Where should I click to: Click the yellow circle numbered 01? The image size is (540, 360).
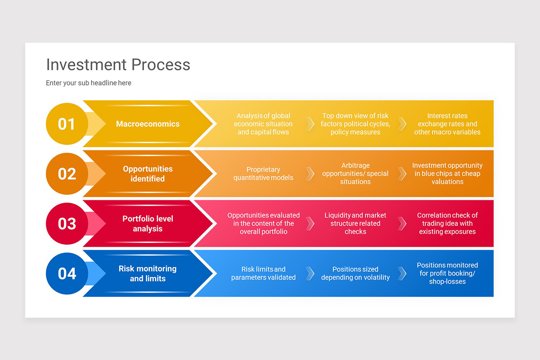(67, 124)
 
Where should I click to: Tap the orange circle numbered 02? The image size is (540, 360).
(67, 174)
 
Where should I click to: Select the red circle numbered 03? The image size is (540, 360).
(67, 224)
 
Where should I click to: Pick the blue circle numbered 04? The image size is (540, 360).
(67, 274)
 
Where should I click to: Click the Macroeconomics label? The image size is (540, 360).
(148, 124)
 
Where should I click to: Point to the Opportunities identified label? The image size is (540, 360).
(148, 174)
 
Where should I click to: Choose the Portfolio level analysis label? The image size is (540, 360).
(148, 224)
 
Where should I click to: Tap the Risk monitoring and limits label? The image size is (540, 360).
(148, 274)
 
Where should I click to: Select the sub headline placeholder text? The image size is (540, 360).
(89, 83)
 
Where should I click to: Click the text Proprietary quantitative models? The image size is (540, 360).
(263, 174)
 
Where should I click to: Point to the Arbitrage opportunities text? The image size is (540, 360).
(355, 174)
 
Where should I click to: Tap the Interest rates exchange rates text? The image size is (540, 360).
(447, 124)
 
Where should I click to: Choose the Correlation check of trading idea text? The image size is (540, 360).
(447, 224)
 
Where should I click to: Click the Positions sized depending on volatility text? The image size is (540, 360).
(355, 274)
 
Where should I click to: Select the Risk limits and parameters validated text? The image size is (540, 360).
(263, 274)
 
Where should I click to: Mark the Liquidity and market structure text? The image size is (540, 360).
(355, 224)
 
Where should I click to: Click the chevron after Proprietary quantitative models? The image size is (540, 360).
(310, 174)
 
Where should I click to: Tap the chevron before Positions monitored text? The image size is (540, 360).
(402, 274)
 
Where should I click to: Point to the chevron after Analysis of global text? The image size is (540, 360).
(310, 124)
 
